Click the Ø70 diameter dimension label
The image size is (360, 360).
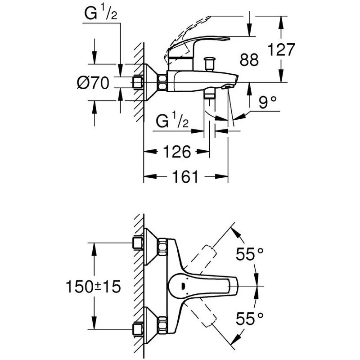tap(93, 83)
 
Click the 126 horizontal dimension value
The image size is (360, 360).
tap(175, 152)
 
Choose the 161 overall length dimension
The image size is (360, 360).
tap(185, 177)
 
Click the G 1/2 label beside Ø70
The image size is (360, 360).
tap(101, 15)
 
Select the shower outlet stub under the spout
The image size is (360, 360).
tap(209, 95)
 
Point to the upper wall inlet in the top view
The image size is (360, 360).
tap(139, 243)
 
